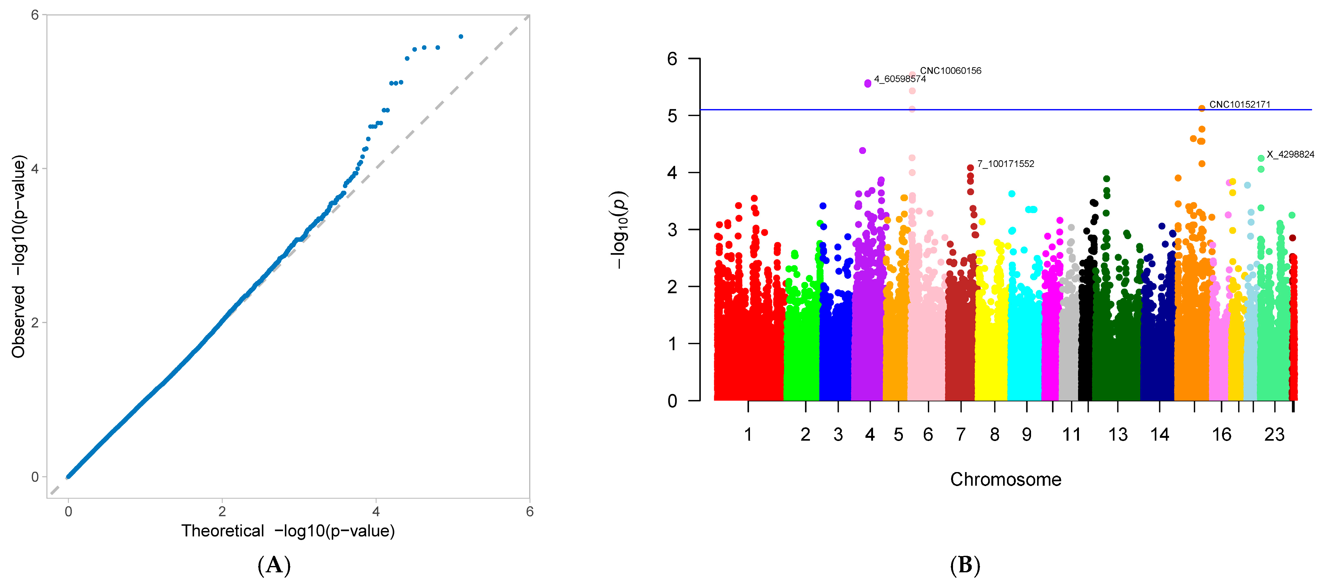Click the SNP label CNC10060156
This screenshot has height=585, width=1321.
click(950, 71)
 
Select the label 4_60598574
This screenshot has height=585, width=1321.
click(900, 79)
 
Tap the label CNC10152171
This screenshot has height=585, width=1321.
click(1239, 105)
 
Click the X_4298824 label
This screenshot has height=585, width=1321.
click(1290, 154)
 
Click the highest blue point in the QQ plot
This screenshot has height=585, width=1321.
click(461, 36)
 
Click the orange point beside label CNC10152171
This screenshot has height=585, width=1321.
click(1201, 108)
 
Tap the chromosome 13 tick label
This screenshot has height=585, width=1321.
click(1118, 435)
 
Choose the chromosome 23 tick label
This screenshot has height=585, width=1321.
click(1274, 435)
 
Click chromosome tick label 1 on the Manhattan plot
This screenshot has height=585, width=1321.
click(748, 435)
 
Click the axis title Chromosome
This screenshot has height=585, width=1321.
click(1006, 479)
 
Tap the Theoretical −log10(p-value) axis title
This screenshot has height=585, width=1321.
click(288, 531)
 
